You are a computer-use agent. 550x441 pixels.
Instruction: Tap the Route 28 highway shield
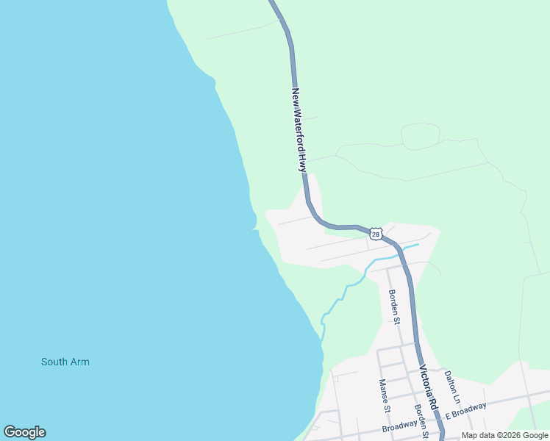click(376, 234)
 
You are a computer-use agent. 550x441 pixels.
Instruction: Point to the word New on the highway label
click(295, 96)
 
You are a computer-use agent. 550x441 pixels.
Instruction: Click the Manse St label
click(383, 395)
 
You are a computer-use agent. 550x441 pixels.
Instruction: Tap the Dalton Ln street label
click(451, 386)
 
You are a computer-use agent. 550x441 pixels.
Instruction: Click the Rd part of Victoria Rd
click(434, 404)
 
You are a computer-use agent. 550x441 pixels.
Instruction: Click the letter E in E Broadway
click(446, 417)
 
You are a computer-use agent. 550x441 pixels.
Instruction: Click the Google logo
click(24, 432)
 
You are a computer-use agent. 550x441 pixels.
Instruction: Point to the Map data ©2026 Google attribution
click(505, 435)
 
